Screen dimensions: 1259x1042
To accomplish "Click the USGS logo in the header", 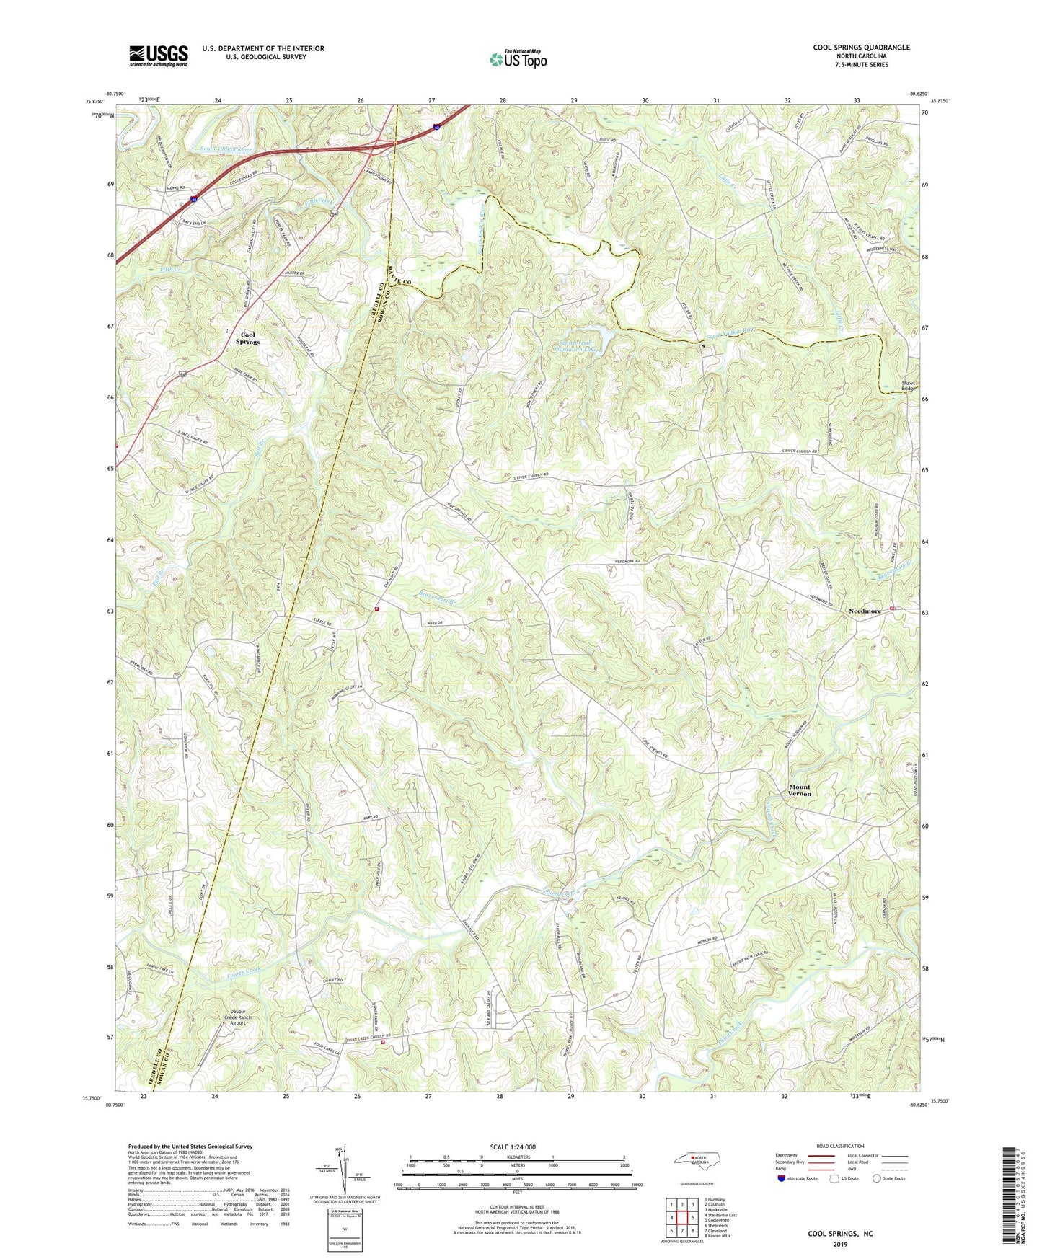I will pyautogui.click(x=158, y=56).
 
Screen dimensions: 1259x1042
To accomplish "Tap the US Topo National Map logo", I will pyautogui.click(x=518, y=59).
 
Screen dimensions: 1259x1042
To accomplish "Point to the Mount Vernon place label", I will pyautogui.click(x=799, y=790).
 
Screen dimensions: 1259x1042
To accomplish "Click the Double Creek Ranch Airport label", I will pyautogui.click(x=227, y=1018).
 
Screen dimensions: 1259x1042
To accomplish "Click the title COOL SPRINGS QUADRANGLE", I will pyautogui.click(x=861, y=48).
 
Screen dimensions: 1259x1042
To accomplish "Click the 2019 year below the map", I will pyautogui.click(x=839, y=1244).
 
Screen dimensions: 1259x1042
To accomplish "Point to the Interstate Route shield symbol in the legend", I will pyautogui.click(x=782, y=1178).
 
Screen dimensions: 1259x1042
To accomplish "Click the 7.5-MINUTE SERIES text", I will pyautogui.click(x=861, y=65).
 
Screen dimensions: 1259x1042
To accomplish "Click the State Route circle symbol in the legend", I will pyautogui.click(x=877, y=1178).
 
